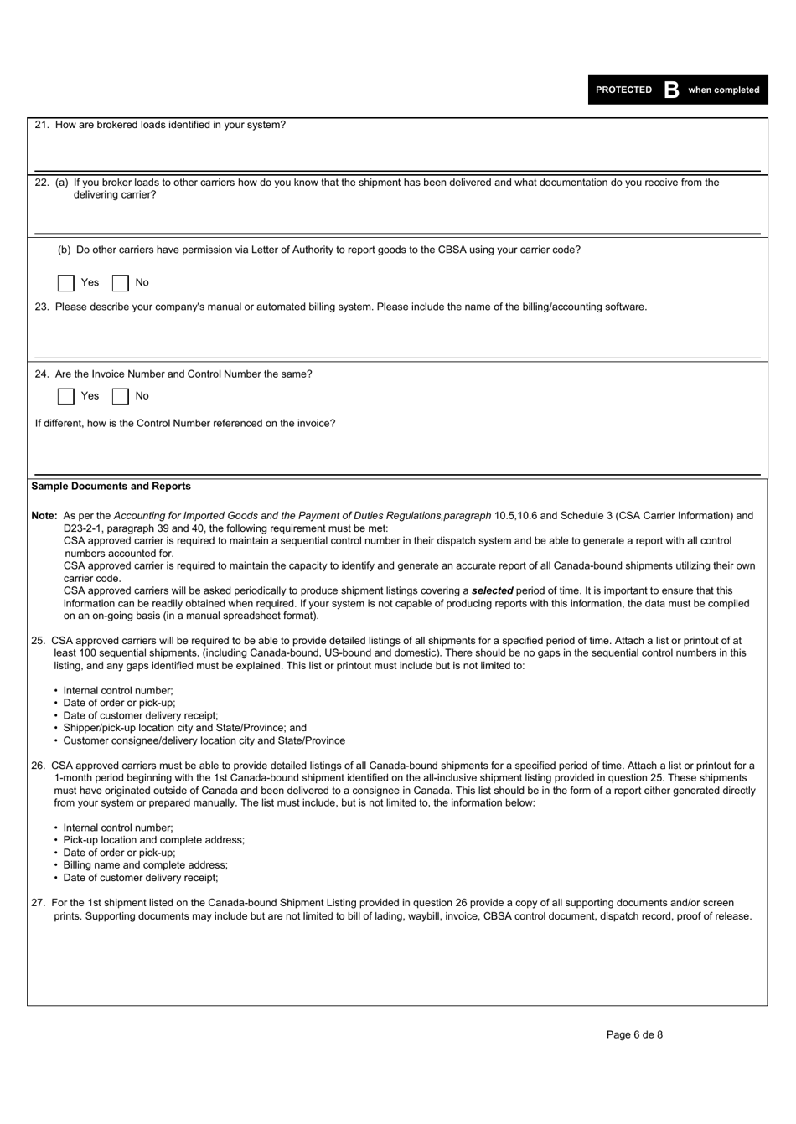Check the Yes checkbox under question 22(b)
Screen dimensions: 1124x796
point(66,283)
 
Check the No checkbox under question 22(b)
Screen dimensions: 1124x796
point(121,283)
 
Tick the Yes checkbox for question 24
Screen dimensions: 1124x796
point(66,396)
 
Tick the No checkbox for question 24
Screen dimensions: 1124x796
point(121,396)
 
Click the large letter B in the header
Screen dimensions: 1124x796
point(670,90)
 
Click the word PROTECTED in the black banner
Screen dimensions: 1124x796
point(623,90)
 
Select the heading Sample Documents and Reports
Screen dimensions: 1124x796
point(111,487)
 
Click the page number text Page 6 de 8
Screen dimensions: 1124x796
point(634,1034)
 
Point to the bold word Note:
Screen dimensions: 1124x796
point(44,516)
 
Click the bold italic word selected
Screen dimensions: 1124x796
point(492,590)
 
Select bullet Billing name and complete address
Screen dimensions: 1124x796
point(145,865)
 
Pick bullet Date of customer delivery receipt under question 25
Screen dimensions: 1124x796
point(140,715)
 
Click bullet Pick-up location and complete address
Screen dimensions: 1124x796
point(153,840)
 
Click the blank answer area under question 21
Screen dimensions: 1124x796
point(397,151)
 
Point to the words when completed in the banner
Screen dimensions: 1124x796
point(723,90)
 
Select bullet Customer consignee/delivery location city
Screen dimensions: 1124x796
point(204,740)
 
